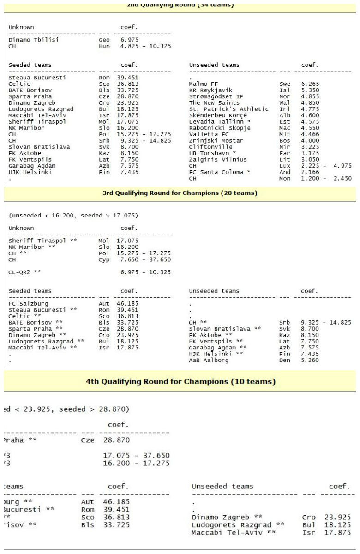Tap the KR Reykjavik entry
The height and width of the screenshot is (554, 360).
210,90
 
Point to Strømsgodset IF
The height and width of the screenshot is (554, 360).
214,96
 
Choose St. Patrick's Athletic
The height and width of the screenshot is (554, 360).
229,109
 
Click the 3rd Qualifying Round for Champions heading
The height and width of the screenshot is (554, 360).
180,193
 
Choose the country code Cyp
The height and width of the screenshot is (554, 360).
104,259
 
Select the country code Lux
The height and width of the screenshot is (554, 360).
285,165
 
